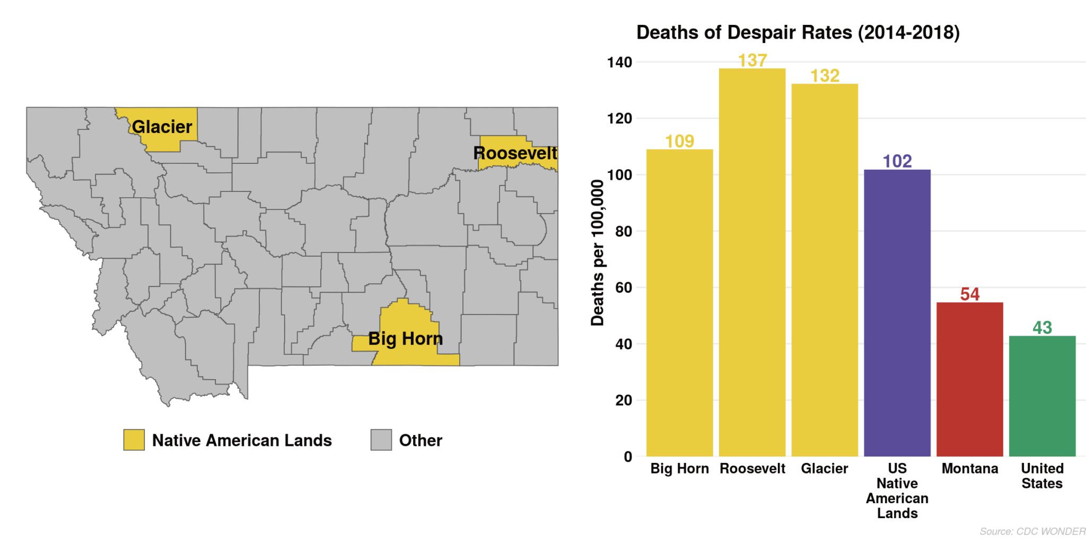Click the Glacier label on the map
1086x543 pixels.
point(162,127)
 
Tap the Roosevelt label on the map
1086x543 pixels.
point(515,153)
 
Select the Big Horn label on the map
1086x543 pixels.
point(405,338)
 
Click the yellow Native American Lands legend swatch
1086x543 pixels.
point(134,440)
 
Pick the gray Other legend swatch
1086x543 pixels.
point(381,440)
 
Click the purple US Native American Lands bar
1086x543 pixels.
point(897,313)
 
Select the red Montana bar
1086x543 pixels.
point(969,379)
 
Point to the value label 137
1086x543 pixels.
point(752,60)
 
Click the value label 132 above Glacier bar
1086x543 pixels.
point(825,76)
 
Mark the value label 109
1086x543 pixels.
point(679,141)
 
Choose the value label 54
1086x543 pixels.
point(969,294)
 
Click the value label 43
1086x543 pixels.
point(1042,328)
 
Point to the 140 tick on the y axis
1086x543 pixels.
point(619,63)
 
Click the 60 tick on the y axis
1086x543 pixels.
point(624,288)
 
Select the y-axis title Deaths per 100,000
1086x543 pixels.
point(597,252)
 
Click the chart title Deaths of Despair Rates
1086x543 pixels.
point(798,32)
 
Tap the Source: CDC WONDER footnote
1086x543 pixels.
point(1032,531)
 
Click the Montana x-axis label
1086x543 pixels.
point(969,469)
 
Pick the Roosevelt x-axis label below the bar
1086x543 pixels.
point(752,469)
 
